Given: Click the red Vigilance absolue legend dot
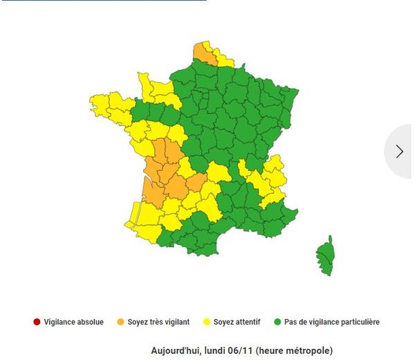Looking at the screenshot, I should click(36, 321).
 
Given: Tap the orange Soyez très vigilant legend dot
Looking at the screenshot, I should click(120, 321).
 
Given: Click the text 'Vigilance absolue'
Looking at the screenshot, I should click(74, 322).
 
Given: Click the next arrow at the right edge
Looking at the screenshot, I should click(400, 151).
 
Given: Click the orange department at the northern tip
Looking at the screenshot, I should click(203, 51).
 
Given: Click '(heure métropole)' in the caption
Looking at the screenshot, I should click(293, 351).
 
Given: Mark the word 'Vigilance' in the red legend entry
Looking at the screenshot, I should click(61, 322).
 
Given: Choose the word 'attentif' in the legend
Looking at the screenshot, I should click(248, 322).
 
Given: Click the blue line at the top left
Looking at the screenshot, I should click(104, 1).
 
